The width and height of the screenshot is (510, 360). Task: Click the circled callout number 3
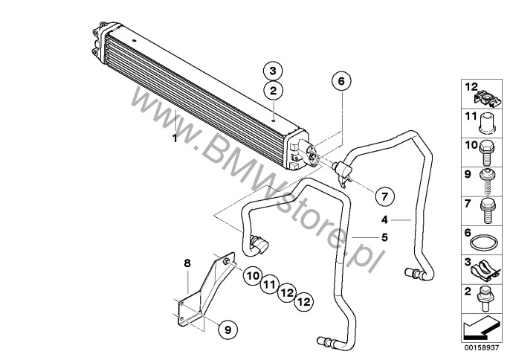coord(273,71)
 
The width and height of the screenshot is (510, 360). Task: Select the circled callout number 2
coord(273,91)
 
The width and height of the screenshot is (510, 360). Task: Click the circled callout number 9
coord(228,327)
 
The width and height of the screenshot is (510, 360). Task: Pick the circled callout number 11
coord(268,284)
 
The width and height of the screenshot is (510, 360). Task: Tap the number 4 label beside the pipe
coord(384,219)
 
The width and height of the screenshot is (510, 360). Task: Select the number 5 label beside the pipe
coord(384,237)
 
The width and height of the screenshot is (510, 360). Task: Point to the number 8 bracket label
coord(187,262)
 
